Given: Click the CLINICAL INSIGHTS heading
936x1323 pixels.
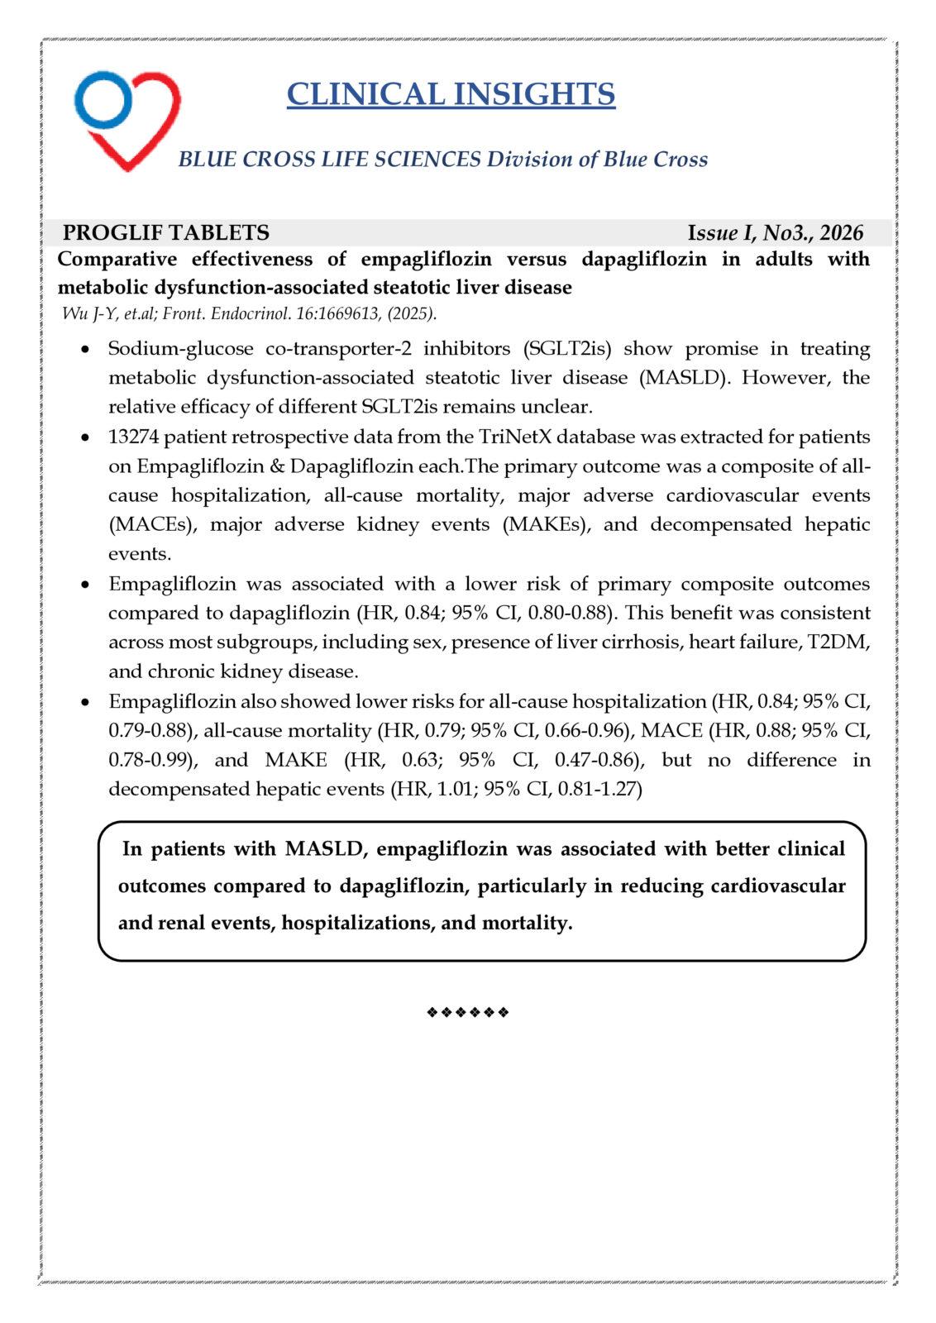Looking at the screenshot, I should [x=451, y=94].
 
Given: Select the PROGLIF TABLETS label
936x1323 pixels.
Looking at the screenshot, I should [x=166, y=233].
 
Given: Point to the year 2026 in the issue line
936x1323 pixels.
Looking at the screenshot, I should [x=843, y=233].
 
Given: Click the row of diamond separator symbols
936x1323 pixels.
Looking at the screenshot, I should [x=467, y=1012].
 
